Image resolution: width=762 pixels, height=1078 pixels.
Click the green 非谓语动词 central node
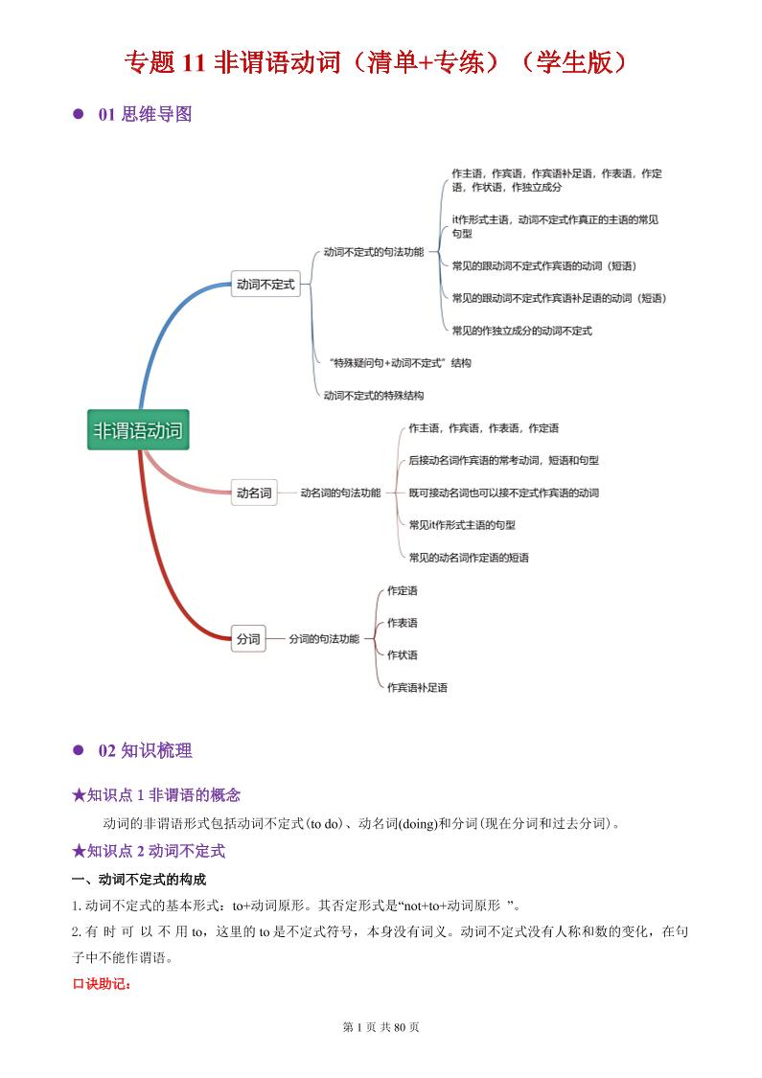pos(138,429)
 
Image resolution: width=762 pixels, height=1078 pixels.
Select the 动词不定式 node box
pos(266,284)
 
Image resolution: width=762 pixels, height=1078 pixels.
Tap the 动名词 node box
pos(254,493)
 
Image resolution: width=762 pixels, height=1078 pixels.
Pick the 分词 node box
pos(248,639)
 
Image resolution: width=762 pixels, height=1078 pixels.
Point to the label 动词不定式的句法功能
pos(374,252)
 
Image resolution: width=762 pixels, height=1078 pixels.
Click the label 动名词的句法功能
pos(340,493)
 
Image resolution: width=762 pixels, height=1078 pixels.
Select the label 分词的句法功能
pos(324,639)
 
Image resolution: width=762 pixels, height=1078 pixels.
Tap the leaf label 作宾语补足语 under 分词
pos(417,687)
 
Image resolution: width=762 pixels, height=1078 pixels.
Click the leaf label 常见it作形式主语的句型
pos(462,524)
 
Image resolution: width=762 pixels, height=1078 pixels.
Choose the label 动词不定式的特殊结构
pos(374,396)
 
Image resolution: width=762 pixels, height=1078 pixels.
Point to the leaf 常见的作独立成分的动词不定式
pos(522,331)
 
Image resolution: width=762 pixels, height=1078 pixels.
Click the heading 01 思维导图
pos(145,114)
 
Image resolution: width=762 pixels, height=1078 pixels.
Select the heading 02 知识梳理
pos(145,750)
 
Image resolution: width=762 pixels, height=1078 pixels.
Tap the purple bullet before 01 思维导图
pos(79,114)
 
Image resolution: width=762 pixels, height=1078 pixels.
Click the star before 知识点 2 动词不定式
pos(79,851)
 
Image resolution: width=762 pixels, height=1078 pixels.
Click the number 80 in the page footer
pos(400,1027)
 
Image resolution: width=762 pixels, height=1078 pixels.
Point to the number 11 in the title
pos(194,62)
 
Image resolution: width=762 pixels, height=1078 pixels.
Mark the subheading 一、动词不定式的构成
pos(139,880)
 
